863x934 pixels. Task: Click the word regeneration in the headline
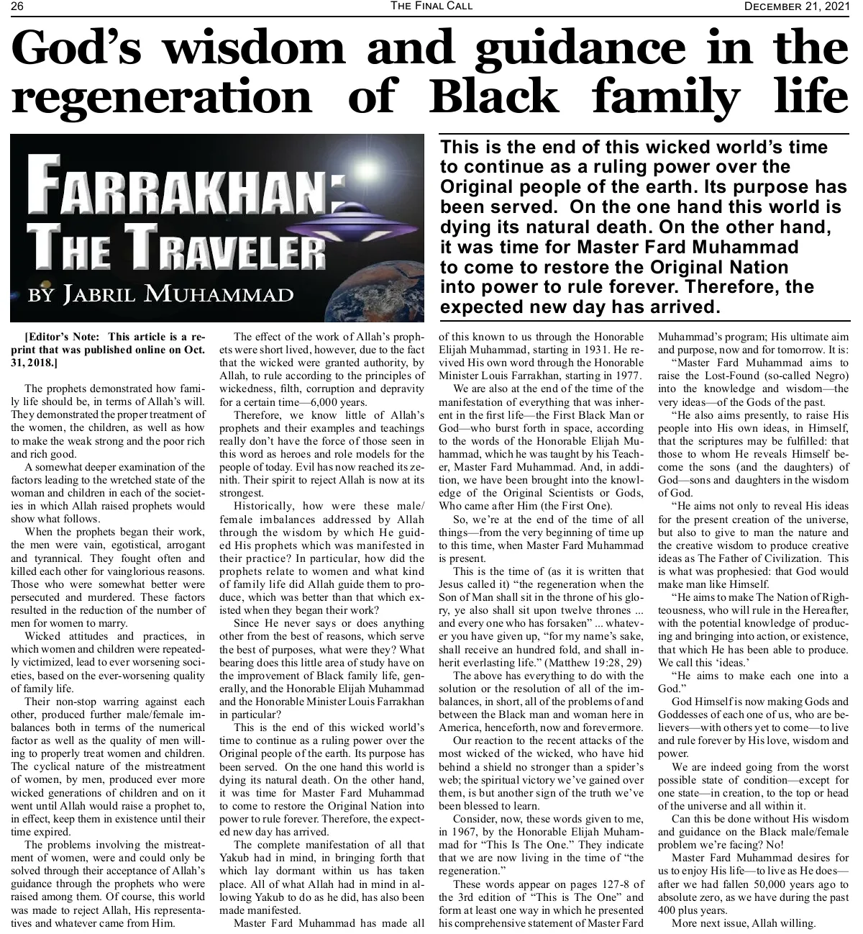[x=162, y=96]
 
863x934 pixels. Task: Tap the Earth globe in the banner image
[x=374, y=288]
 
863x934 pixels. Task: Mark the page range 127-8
[x=590, y=884]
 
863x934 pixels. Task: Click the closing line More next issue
[x=744, y=923]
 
